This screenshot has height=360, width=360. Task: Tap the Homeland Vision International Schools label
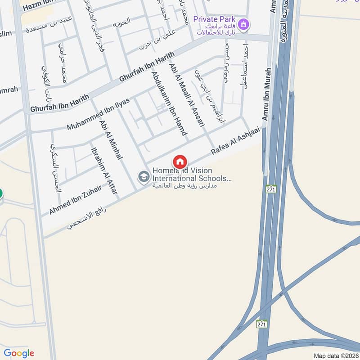coord(192,175)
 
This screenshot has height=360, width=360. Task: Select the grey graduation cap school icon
coord(144,177)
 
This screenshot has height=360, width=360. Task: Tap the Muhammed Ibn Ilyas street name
coord(98,114)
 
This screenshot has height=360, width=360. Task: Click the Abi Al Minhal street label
coord(111,140)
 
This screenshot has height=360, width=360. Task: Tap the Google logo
coord(19,353)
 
